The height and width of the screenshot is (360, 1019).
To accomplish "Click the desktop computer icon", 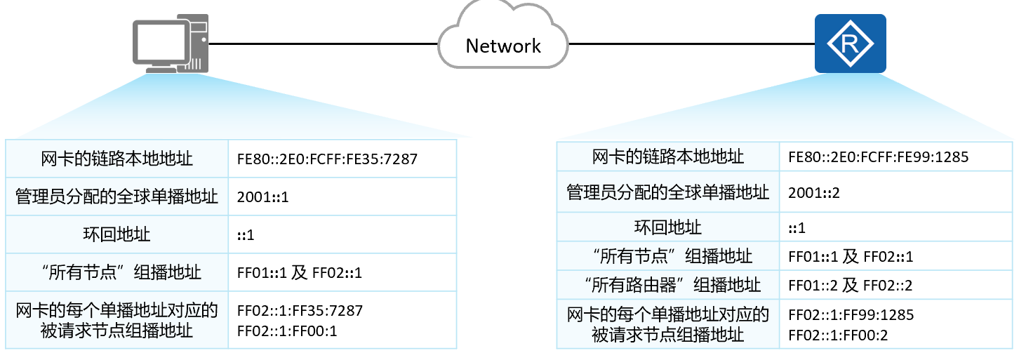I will [171, 44].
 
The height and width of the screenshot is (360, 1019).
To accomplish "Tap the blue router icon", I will [850, 44].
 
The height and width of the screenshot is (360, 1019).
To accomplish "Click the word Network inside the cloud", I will [503, 46].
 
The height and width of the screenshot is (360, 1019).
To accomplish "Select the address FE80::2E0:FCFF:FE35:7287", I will [328, 159].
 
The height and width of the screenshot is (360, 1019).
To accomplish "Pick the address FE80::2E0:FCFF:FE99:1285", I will [879, 157].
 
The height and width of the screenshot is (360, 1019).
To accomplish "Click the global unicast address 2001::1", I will [263, 197].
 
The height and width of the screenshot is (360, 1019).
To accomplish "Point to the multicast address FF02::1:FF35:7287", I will [300, 310].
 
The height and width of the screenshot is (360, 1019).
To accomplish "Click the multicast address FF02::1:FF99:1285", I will [851, 314].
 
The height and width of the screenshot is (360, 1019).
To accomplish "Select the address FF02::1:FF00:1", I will [288, 330].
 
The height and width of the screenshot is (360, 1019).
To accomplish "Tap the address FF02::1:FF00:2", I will [839, 335].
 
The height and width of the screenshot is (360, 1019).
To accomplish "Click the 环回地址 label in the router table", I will [667, 227].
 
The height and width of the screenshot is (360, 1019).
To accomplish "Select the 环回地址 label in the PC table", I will [116, 234].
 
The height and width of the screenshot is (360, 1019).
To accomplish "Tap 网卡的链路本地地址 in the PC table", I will [116, 159].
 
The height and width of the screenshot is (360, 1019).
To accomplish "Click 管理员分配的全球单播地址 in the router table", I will [667, 192].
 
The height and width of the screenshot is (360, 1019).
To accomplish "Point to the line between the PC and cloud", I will [323, 44].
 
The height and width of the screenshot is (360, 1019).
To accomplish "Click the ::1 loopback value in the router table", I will [797, 227].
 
